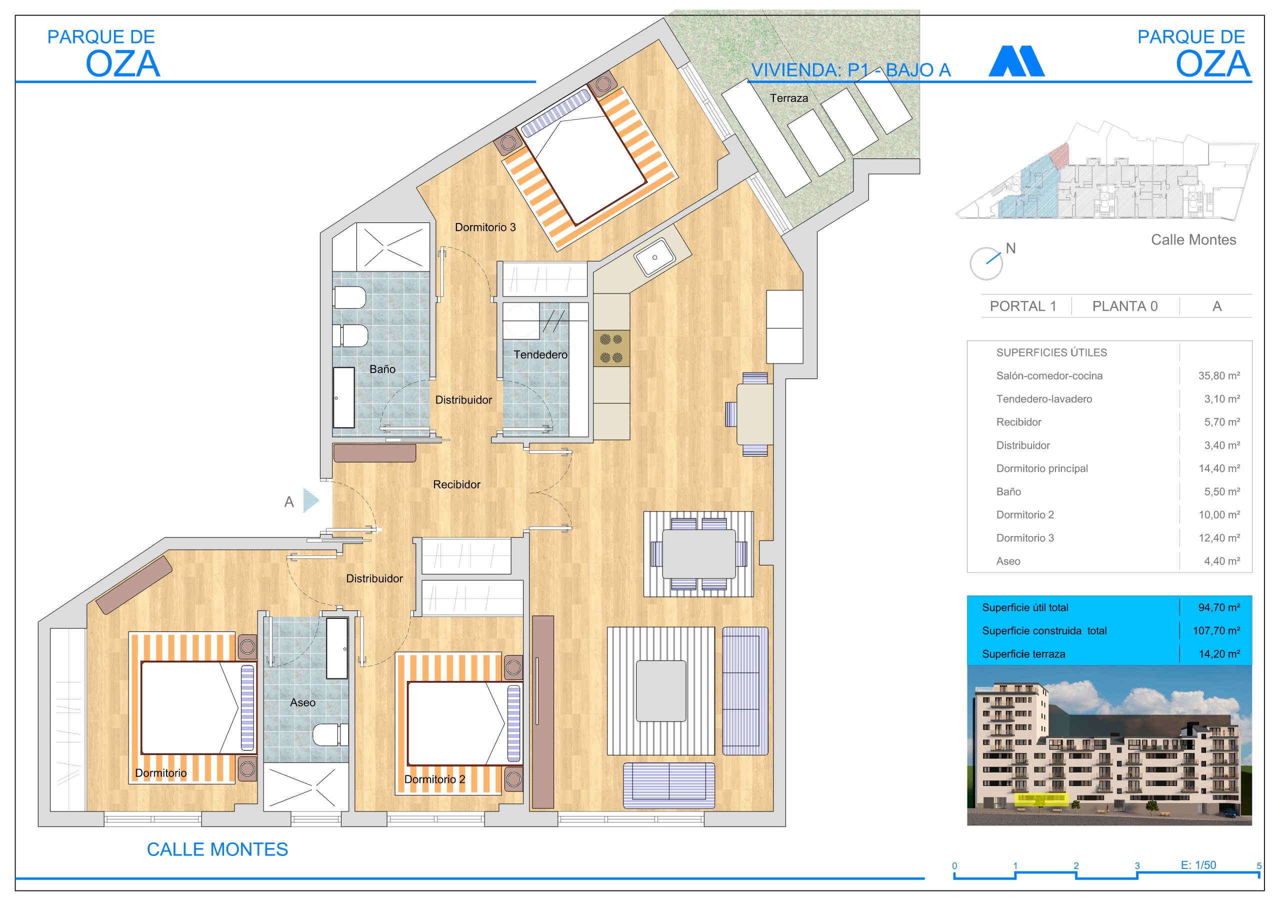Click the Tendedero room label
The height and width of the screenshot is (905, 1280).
(x=540, y=354)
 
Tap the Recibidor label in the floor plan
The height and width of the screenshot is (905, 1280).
(x=456, y=484)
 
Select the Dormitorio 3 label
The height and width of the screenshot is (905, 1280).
(x=485, y=227)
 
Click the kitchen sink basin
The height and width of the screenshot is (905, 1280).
(x=655, y=257)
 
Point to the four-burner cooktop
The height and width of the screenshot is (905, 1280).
(x=611, y=348)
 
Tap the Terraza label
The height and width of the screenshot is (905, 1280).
(x=789, y=98)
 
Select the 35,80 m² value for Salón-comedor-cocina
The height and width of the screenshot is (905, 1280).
(x=1219, y=376)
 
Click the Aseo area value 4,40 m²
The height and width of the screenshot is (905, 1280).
(x=1222, y=561)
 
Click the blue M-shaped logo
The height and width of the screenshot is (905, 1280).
(x=1016, y=61)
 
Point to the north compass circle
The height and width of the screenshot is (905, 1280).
(x=985, y=263)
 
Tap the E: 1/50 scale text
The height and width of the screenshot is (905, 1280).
(x=1198, y=865)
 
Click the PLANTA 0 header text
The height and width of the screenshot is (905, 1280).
(x=1124, y=306)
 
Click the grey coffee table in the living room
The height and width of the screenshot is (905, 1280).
(x=661, y=691)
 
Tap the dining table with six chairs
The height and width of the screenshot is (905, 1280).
(x=698, y=553)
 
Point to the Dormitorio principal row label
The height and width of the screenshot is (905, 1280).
(x=1042, y=468)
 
